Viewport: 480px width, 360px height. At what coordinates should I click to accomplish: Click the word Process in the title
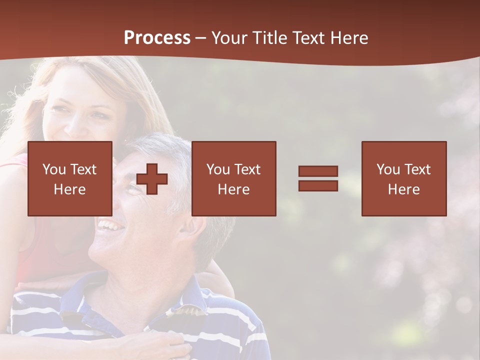157,38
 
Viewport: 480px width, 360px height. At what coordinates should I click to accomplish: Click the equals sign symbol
318,178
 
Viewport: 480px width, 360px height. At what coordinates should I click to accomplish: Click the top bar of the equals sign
318,171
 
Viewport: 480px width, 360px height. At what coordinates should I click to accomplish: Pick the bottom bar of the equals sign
318,185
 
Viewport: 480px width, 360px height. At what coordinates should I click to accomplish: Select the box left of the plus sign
70,178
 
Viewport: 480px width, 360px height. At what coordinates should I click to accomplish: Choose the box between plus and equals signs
234,178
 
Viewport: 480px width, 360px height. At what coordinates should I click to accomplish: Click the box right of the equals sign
404,178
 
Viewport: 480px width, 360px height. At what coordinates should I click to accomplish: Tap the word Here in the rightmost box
404,189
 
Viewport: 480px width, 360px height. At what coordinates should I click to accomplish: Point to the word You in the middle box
218,169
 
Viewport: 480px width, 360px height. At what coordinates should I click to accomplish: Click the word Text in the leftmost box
83,169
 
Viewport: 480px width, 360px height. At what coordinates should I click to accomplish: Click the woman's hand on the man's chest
160,345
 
